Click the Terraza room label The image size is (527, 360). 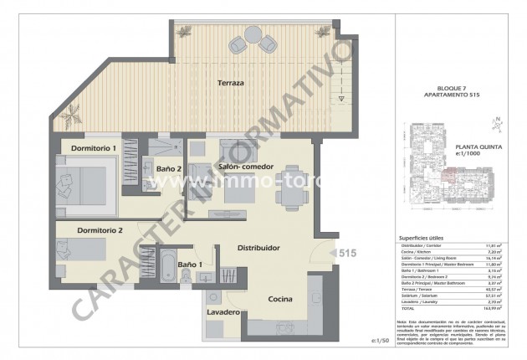pyautogui.click(x=231, y=84)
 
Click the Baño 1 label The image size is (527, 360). pyautogui.click(x=190, y=266)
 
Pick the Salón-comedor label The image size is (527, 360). pyautogui.click(x=246, y=167)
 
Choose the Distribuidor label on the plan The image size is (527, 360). pyautogui.click(x=258, y=248)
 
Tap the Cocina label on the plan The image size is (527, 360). pyautogui.click(x=279, y=298)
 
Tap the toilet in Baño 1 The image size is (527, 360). pyautogui.click(x=210, y=272)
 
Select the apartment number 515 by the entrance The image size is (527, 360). pyautogui.click(x=348, y=252)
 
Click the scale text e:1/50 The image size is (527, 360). pyautogui.click(x=381, y=341)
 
